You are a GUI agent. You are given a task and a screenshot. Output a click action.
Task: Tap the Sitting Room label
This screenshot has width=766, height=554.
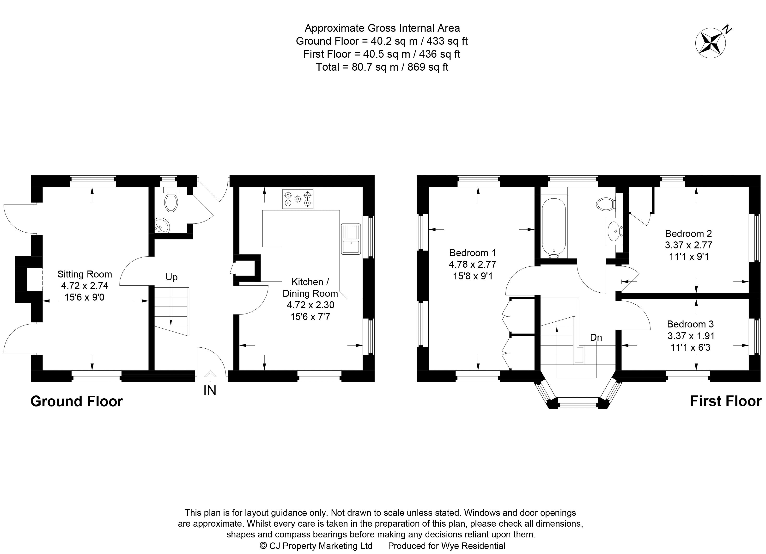coord(85,274)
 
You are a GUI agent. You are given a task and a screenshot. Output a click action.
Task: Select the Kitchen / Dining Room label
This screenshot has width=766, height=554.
coord(310,287)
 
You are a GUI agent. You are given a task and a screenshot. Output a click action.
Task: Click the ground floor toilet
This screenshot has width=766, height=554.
coord(171,201)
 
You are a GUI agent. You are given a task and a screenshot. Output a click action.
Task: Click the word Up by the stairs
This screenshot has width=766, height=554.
coord(171,277)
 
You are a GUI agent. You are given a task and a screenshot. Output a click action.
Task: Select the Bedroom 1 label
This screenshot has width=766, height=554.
coord(473,253)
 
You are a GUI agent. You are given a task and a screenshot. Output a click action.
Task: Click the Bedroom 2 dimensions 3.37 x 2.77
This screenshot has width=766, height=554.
coord(688,245)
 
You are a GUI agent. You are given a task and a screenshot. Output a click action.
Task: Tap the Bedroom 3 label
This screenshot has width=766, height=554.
coord(690,324)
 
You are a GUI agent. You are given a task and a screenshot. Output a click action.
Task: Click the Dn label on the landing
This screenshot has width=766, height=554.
coord(596,337)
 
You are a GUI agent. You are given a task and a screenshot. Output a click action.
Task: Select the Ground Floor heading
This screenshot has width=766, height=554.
coord(77,401)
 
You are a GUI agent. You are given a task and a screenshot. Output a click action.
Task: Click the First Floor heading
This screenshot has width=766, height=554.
coord(725,401)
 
